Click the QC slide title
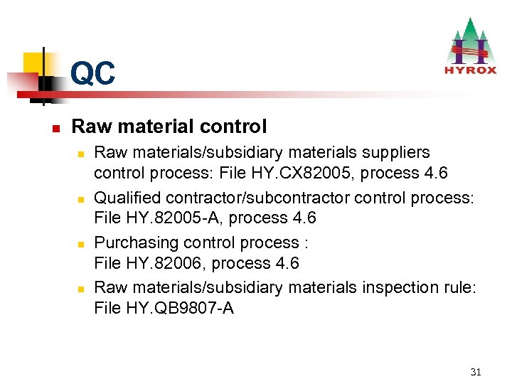[92, 73]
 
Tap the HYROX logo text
[469, 70]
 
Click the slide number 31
[476, 372]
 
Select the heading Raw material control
[169, 127]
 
